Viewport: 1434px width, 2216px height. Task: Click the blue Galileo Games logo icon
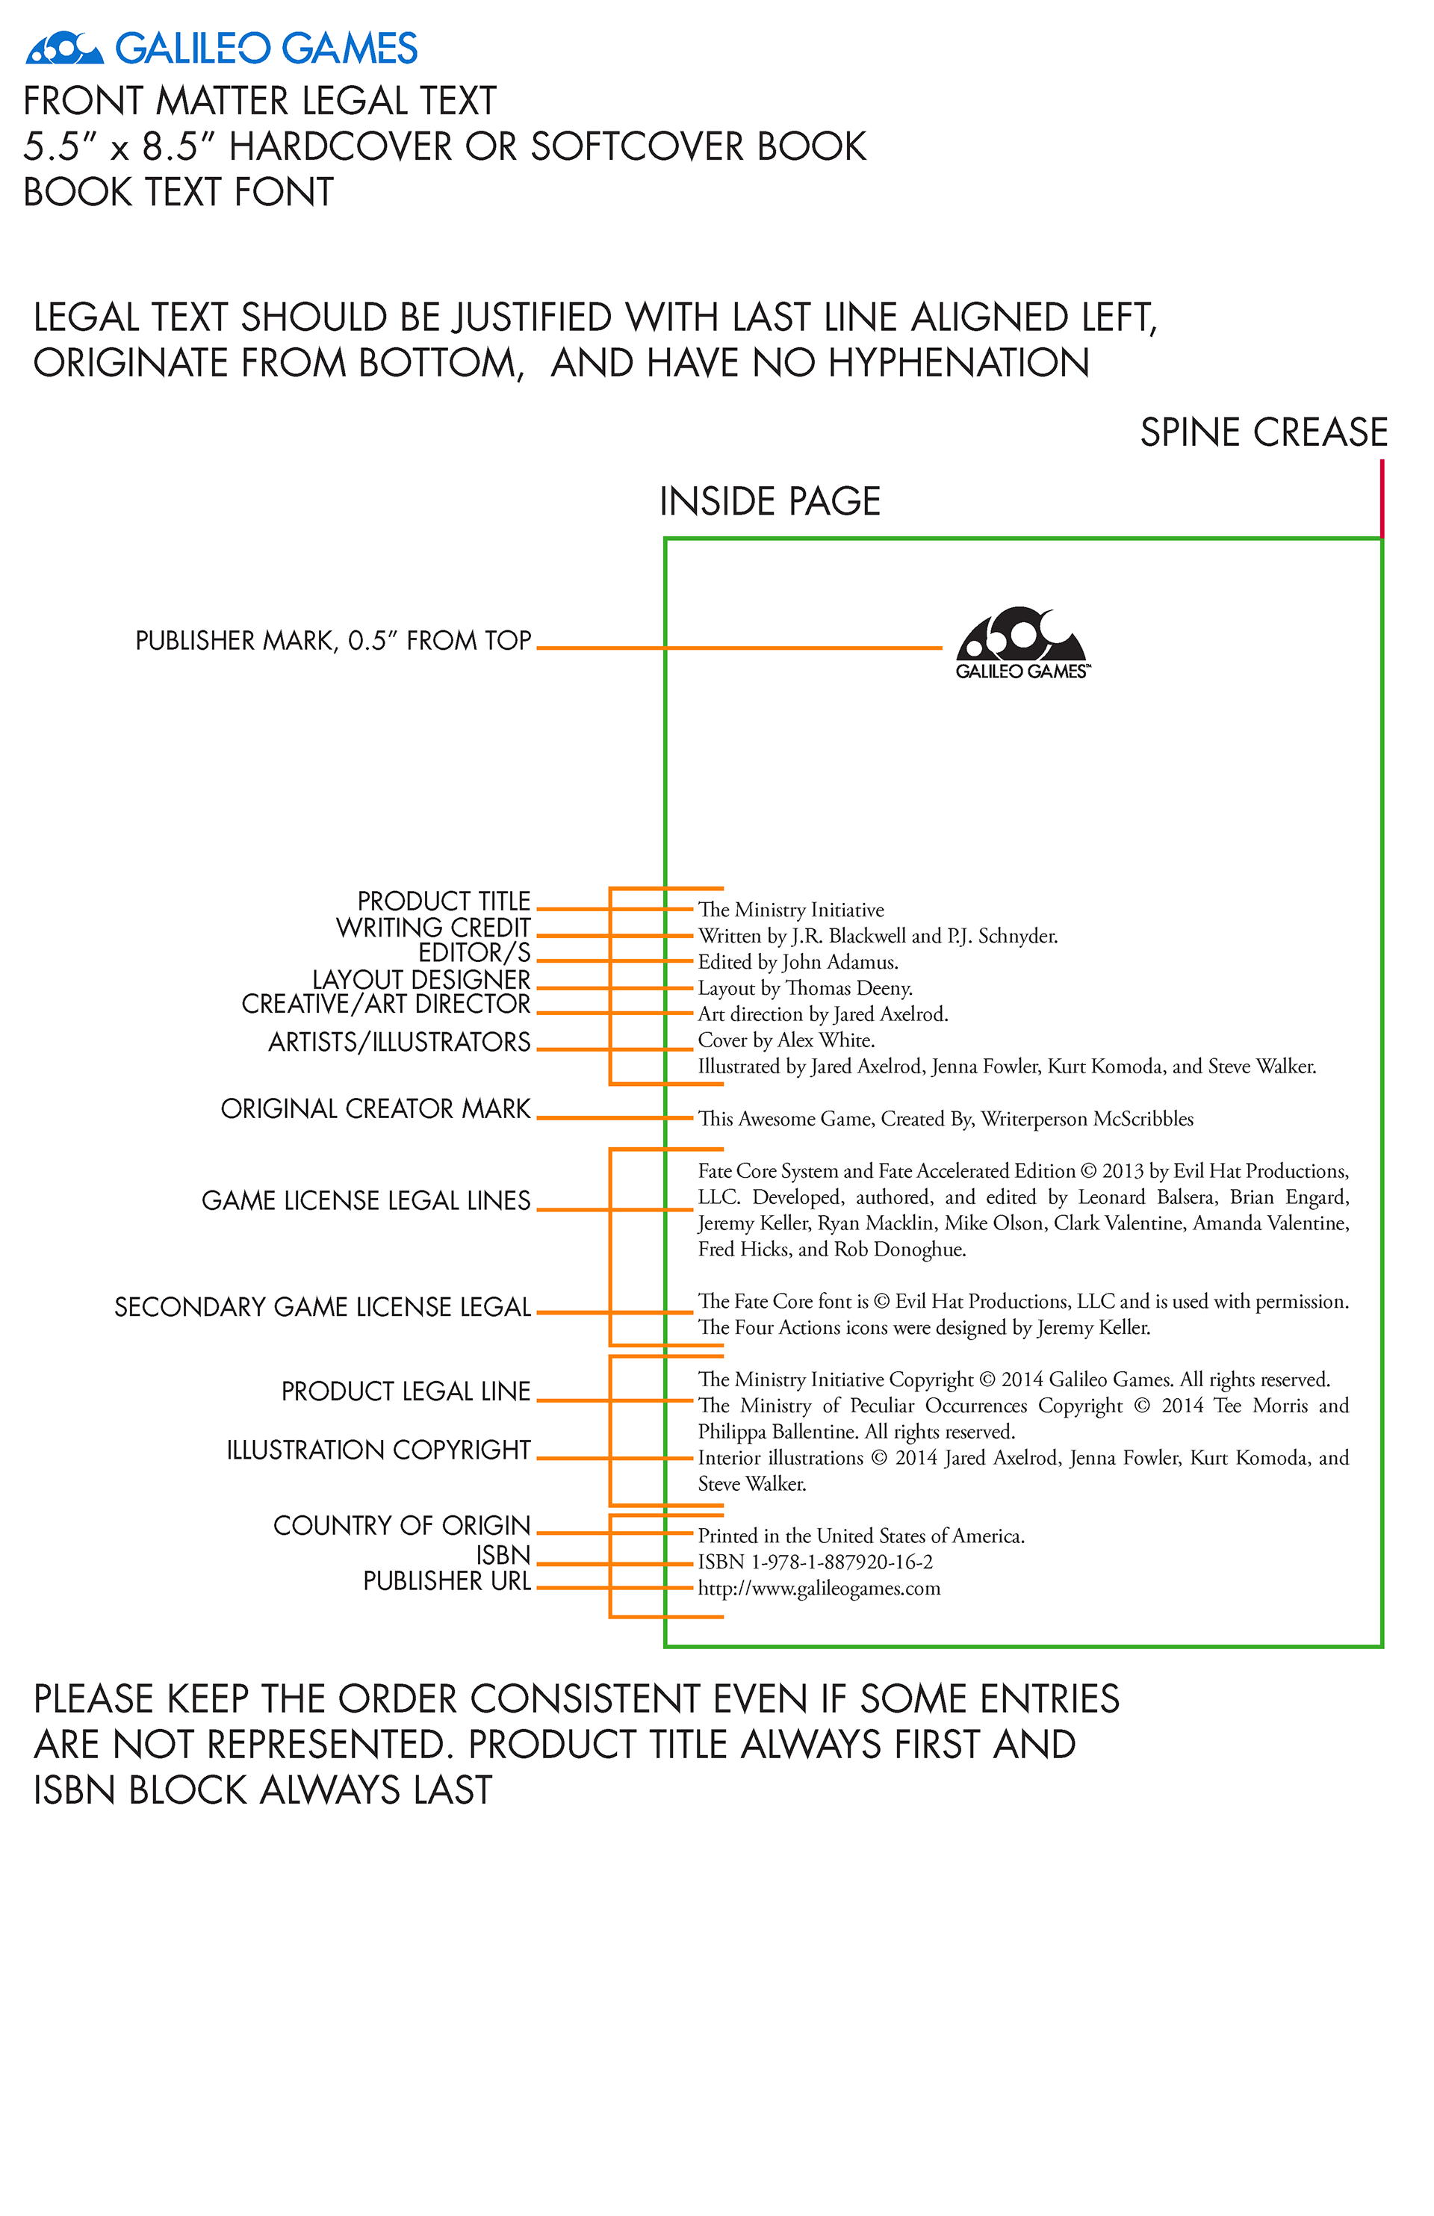[63, 49]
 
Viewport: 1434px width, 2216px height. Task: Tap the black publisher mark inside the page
[1022, 642]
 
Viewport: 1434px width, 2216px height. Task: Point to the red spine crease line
[1382, 498]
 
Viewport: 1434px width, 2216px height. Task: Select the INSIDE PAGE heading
[770, 502]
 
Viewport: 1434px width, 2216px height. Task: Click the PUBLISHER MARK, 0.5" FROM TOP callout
[332, 641]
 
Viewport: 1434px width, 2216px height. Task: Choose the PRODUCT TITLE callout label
[443, 901]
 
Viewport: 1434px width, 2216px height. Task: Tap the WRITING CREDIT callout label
[433, 928]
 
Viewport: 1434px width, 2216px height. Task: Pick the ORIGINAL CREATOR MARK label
[375, 1109]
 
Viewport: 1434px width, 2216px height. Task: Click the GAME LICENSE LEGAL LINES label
[366, 1201]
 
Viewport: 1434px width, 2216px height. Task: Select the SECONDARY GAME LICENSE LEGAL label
[322, 1307]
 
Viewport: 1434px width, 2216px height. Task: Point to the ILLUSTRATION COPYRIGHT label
[378, 1450]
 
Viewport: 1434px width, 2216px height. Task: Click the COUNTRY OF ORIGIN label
[401, 1526]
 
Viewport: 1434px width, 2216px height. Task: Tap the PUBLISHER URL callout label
[446, 1582]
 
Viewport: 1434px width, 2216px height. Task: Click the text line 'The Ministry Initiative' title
[790, 910]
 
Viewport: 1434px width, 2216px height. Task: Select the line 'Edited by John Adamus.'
[798, 962]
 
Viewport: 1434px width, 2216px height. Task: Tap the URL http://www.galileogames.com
[819, 1589]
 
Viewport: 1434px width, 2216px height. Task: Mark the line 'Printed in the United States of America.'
[861, 1536]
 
